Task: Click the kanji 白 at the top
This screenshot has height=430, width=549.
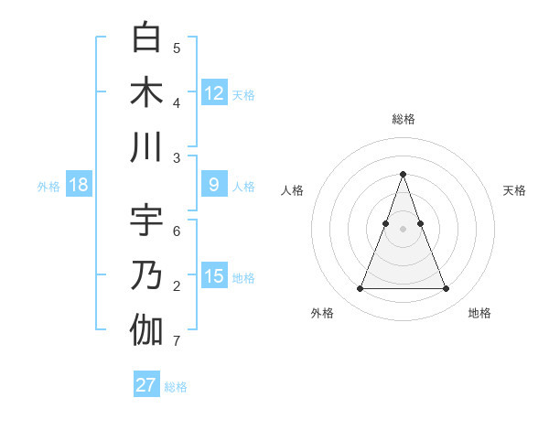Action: pos(146,38)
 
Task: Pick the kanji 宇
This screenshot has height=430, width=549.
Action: pos(146,220)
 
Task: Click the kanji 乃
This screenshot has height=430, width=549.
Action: pos(146,275)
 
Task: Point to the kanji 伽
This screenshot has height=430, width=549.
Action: pos(146,330)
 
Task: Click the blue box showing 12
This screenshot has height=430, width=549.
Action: pos(214,92)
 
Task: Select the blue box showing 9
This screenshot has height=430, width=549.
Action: pos(214,185)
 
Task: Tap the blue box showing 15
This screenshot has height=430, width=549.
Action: pos(214,276)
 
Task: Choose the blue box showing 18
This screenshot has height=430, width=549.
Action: pos(79,185)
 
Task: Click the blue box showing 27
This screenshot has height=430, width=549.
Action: pos(145,385)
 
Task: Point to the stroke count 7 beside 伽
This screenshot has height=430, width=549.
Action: pos(176,342)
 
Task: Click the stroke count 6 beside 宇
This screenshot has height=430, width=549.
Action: pos(177,231)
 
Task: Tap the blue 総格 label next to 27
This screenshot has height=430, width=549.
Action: pos(176,387)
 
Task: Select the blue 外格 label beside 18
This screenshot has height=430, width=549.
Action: pos(48,187)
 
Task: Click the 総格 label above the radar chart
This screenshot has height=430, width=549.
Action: pos(403,119)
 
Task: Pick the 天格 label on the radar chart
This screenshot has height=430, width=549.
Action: pos(514,190)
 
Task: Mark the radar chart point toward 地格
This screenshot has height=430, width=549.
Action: pos(446,289)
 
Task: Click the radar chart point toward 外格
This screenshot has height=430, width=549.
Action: pos(360,289)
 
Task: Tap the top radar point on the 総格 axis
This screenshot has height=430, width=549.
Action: pos(403,174)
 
